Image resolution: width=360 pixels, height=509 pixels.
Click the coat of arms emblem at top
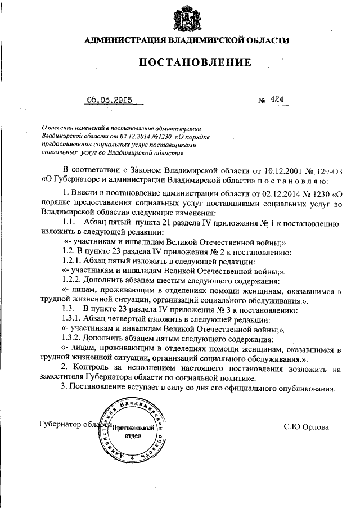186,17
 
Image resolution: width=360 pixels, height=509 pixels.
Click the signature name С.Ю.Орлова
306,427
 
